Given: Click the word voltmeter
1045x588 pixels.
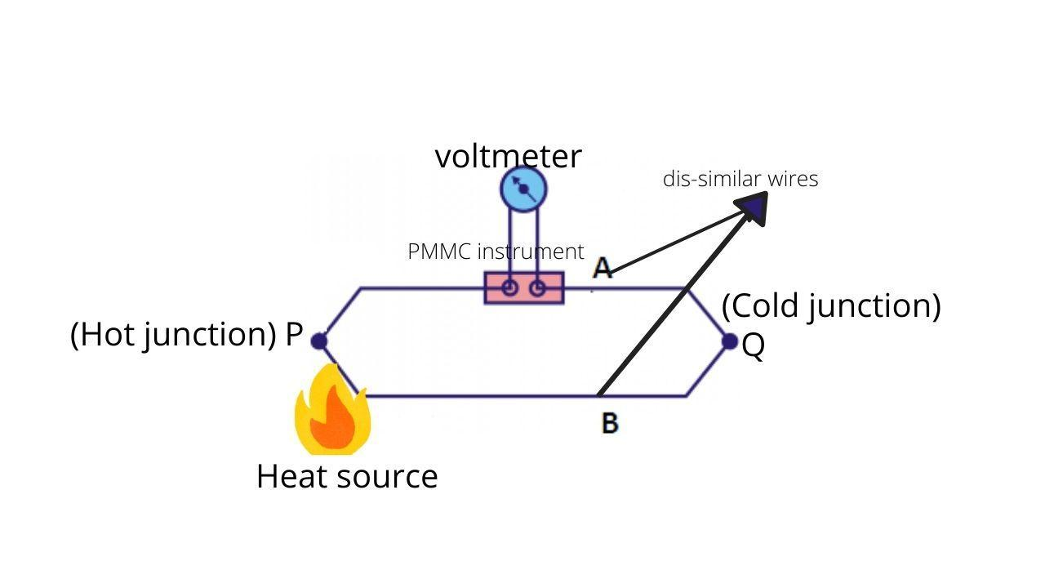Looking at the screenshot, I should [x=508, y=156].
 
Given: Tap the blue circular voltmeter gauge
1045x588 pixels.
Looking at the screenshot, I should [x=523, y=189].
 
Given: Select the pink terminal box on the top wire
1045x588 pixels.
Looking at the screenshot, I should [x=524, y=288].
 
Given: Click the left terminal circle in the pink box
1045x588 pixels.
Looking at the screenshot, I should [x=509, y=288].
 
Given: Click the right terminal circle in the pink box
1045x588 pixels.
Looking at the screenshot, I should [x=537, y=288].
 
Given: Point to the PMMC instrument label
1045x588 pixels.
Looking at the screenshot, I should [x=496, y=252].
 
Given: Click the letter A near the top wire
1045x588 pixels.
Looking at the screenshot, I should [x=603, y=268].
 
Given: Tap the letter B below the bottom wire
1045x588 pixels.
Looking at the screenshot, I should [x=610, y=423].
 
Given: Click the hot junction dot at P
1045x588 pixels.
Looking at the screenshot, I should [x=319, y=341].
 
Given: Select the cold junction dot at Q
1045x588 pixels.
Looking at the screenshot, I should [x=730, y=341].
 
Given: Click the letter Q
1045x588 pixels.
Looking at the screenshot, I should [x=754, y=346].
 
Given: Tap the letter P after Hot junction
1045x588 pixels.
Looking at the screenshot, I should [x=294, y=335].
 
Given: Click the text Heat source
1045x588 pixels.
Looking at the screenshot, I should [x=347, y=476].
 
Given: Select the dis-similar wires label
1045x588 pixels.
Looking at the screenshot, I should [x=740, y=179].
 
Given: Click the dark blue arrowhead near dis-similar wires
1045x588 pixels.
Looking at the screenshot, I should [x=754, y=207].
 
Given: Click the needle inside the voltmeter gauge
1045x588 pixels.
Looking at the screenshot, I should [x=523, y=189].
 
